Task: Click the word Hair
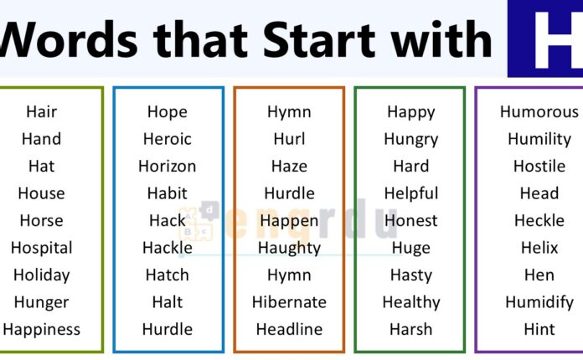41,111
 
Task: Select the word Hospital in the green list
41,248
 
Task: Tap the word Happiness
41,329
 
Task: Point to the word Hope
167,111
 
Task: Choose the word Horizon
167,166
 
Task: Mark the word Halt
167,302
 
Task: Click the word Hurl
289,139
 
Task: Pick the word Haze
289,166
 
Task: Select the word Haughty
289,248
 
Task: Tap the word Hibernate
289,302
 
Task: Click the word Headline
289,329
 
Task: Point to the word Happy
410,111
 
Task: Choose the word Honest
410,221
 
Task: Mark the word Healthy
410,302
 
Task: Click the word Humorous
539,111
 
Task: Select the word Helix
539,248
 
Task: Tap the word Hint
539,329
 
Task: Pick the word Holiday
41,275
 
